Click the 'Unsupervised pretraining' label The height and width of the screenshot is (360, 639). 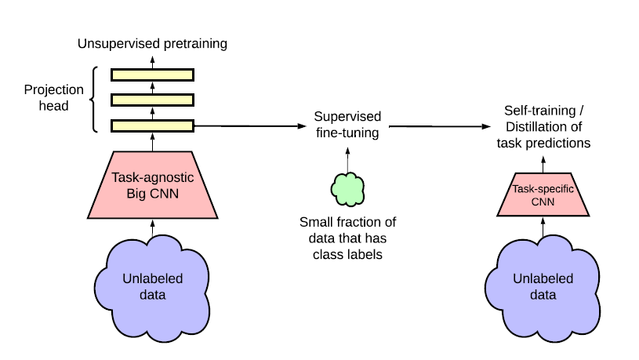[152, 44]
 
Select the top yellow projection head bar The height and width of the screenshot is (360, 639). [152, 75]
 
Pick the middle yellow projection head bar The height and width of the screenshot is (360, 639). [152, 100]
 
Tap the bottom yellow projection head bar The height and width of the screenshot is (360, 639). [152, 125]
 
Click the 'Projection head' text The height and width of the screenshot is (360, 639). [54, 97]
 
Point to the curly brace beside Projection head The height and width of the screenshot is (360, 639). [93, 100]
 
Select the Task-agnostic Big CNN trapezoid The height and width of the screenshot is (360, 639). [153, 185]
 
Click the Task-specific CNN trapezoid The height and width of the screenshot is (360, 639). [543, 195]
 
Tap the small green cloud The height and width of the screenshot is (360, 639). [347, 189]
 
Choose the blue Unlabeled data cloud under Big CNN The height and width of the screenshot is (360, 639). [152, 287]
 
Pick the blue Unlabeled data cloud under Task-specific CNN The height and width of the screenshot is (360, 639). [543, 287]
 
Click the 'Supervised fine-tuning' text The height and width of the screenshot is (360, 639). [347, 125]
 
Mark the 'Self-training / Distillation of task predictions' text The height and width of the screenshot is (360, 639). [543, 127]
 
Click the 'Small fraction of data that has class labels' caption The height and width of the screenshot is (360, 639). [347, 238]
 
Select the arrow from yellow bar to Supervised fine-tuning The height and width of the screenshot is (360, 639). [250, 126]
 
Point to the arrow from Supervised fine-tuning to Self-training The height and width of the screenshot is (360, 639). [440, 126]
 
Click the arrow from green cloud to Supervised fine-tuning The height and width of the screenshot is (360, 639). [347, 160]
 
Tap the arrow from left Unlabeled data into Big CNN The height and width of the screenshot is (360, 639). [152, 228]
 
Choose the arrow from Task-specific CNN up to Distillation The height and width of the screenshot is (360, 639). [543, 165]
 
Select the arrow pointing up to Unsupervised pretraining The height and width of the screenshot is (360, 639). [152, 63]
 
